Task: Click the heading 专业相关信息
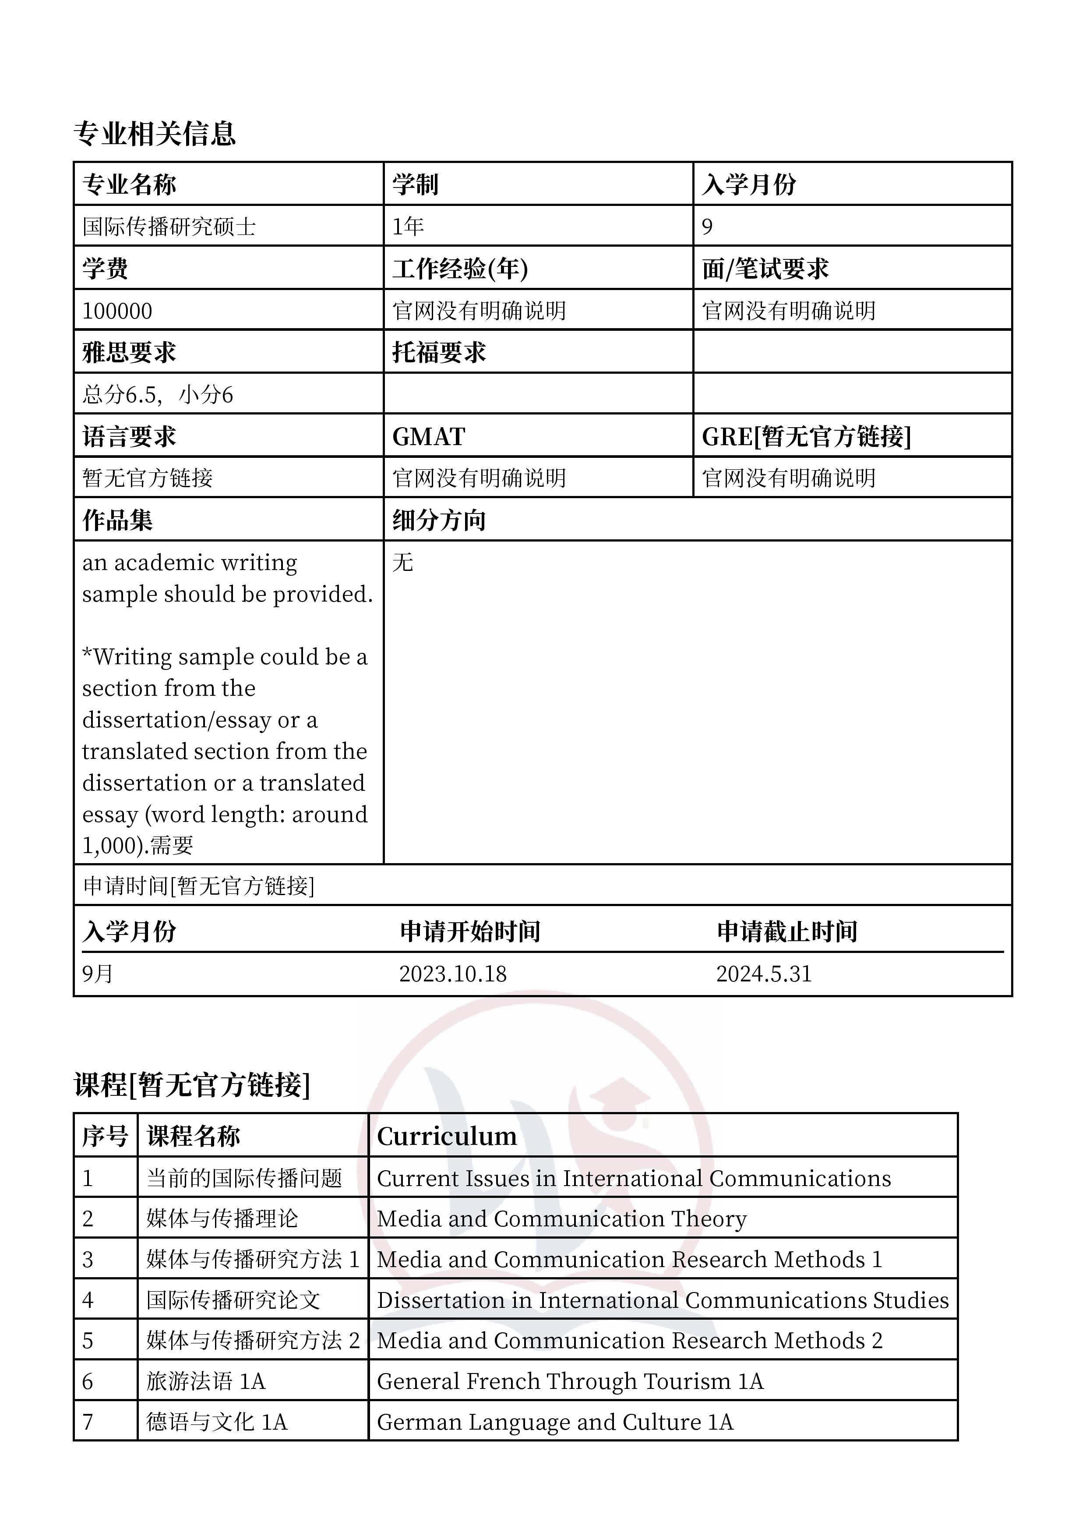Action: [x=155, y=134]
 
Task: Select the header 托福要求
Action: [x=439, y=352]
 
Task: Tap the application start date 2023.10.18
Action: [x=453, y=974]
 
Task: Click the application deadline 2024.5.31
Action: [x=763, y=974]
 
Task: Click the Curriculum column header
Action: [x=447, y=1136]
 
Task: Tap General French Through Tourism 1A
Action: [x=570, y=1381]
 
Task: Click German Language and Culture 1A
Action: [x=555, y=1422]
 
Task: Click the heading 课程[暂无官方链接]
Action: [x=192, y=1084]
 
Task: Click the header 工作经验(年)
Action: [x=460, y=269]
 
